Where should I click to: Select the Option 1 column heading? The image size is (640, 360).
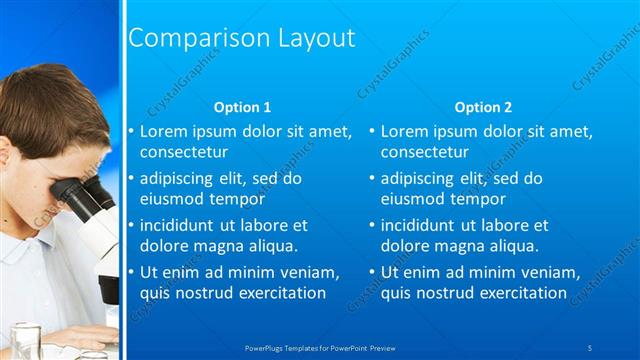coord(243,107)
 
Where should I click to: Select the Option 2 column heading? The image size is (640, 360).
coord(483,107)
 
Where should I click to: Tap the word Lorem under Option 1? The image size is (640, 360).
coord(164,130)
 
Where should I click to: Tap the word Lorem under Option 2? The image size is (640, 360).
coord(405,130)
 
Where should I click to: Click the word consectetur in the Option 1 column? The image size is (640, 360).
coord(184,153)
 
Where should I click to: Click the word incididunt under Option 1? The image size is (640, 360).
coord(180,225)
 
